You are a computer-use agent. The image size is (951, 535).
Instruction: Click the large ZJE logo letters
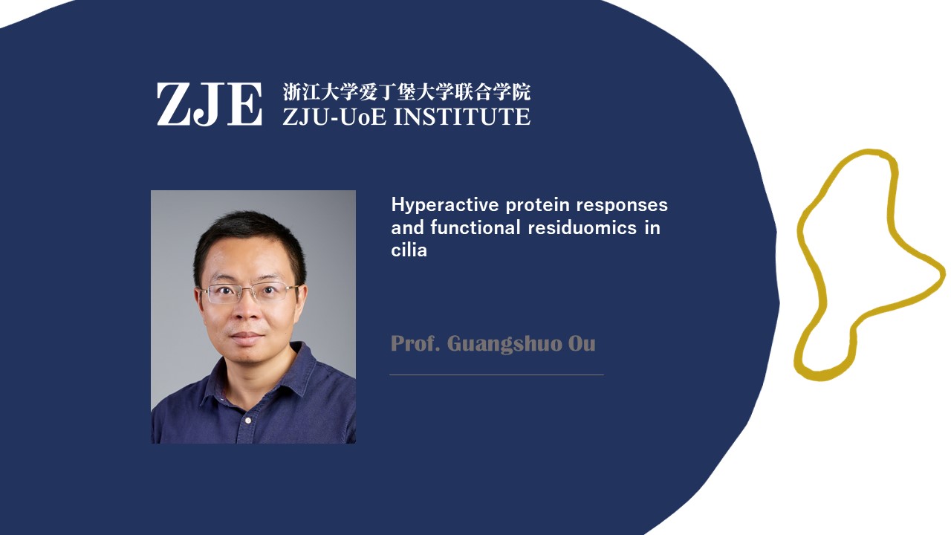point(210,104)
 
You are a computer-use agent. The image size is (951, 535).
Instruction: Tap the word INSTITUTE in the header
point(462,117)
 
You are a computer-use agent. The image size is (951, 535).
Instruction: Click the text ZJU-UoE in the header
point(334,117)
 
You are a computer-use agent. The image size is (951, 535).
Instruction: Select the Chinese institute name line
point(406,92)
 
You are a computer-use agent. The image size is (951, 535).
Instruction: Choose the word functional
point(475,227)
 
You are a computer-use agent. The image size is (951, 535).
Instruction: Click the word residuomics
point(582,228)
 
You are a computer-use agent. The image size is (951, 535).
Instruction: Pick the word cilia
point(409,250)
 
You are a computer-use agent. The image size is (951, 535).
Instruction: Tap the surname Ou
point(582,344)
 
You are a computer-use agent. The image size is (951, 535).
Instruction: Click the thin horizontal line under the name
point(496,375)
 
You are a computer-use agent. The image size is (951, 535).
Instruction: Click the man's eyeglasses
point(249,293)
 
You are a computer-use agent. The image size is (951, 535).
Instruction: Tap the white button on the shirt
point(248,421)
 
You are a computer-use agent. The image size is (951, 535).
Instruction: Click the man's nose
point(246,311)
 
